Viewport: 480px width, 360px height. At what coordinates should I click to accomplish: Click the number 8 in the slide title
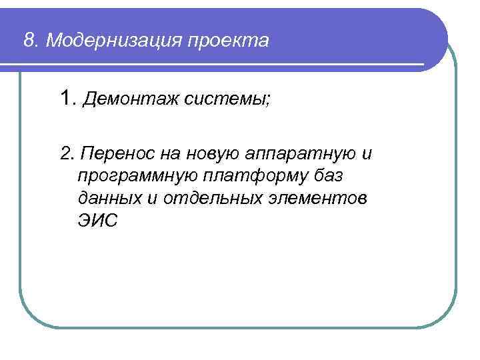[28, 41]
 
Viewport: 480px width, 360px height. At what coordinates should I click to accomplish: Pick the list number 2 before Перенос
[65, 154]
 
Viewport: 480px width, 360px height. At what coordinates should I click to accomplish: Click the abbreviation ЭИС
[96, 221]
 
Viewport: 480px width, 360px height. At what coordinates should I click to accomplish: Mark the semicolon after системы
[269, 103]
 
